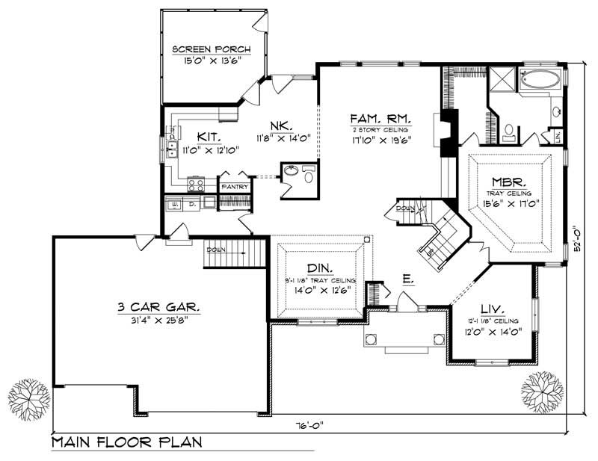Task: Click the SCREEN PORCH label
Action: pos(212,51)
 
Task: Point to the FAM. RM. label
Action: pos(383,119)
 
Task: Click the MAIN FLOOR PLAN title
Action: pos(127,442)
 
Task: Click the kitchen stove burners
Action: pos(197,183)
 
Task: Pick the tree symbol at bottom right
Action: pos(541,390)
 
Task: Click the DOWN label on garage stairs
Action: pos(215,250)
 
